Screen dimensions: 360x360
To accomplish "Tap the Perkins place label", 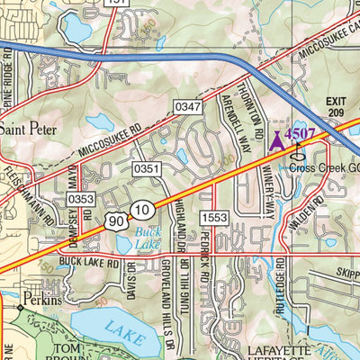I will click(x=42, y=300).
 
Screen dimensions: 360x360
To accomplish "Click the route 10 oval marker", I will click(x=140, y=210).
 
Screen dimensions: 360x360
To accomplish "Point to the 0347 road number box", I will click(x=189, y=107).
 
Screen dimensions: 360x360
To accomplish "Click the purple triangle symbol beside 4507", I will click(x=276, y=139).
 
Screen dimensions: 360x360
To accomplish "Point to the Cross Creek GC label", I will click(x=325, y=167).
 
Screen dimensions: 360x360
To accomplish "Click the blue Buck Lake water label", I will click(x=147, y=237).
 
